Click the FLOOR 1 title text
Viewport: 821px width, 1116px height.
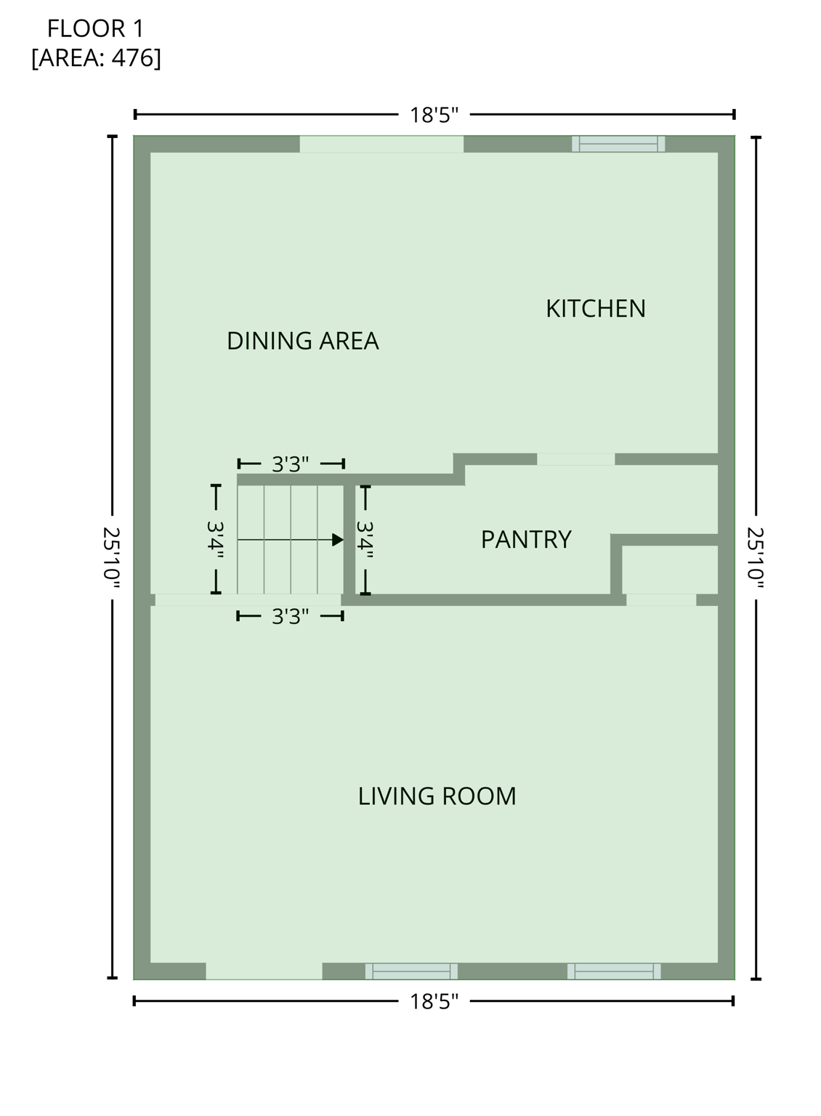click(x=95, y=29)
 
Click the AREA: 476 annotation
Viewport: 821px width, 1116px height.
click(x=96, y=57)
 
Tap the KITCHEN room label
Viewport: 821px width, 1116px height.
click(x=595, y=309)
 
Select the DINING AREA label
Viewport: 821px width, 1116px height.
click(x=302, y=341)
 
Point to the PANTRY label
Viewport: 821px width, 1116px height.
click(x=526, y=540)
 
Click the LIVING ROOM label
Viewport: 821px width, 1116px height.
click(x=437, y=796)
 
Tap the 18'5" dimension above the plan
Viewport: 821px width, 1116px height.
click(x=434, y=115)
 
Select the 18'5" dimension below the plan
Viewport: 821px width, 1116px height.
click(x=434, y=1002)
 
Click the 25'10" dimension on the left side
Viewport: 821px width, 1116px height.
click(x=112, y=557)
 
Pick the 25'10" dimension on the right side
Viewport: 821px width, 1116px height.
click(x=756, y=557)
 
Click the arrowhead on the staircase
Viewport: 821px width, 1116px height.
click(x=337, y=540)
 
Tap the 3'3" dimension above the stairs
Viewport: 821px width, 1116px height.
click(x=291, y=464)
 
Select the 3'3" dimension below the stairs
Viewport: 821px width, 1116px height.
click(x=291, y=617)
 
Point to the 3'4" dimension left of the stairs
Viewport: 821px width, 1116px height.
click(x=215, y=540)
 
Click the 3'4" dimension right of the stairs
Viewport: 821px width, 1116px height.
click(x=365, y=540)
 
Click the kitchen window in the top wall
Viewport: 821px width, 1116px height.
click(x=618, y=144)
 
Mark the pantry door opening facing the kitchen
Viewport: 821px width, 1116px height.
click(x=575, y=459)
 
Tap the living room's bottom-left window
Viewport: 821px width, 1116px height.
click(x=411, y=971)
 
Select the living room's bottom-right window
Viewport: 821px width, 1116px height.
click(x=614, y=971)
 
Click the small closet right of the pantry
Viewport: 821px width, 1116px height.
click(x=669, y=570)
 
